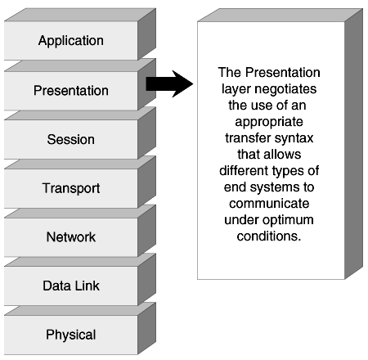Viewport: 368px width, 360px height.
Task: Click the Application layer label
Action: [x=71, y=41]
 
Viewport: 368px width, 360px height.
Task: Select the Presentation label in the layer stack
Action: [x=71, y=90]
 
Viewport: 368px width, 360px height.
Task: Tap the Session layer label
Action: [x=71, y=139]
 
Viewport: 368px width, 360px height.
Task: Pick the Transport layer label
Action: [x=71, y=188]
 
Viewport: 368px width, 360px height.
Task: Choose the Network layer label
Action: [x=71, y=236]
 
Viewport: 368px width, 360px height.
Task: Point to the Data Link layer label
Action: [x=71, y=286]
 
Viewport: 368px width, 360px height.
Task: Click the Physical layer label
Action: [x=71, y=335]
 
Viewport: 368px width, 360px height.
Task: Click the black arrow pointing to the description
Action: [x=169, y=83]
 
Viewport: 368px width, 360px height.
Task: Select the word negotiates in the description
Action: [x=287, y=89]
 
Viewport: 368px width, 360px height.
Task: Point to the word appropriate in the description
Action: [x=269, y=122]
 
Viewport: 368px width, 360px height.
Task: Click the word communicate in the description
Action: [x=269, y=204]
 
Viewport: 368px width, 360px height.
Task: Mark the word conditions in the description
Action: [x=268, y=236]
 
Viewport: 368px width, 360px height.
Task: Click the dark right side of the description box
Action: [x=353, y=144]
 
